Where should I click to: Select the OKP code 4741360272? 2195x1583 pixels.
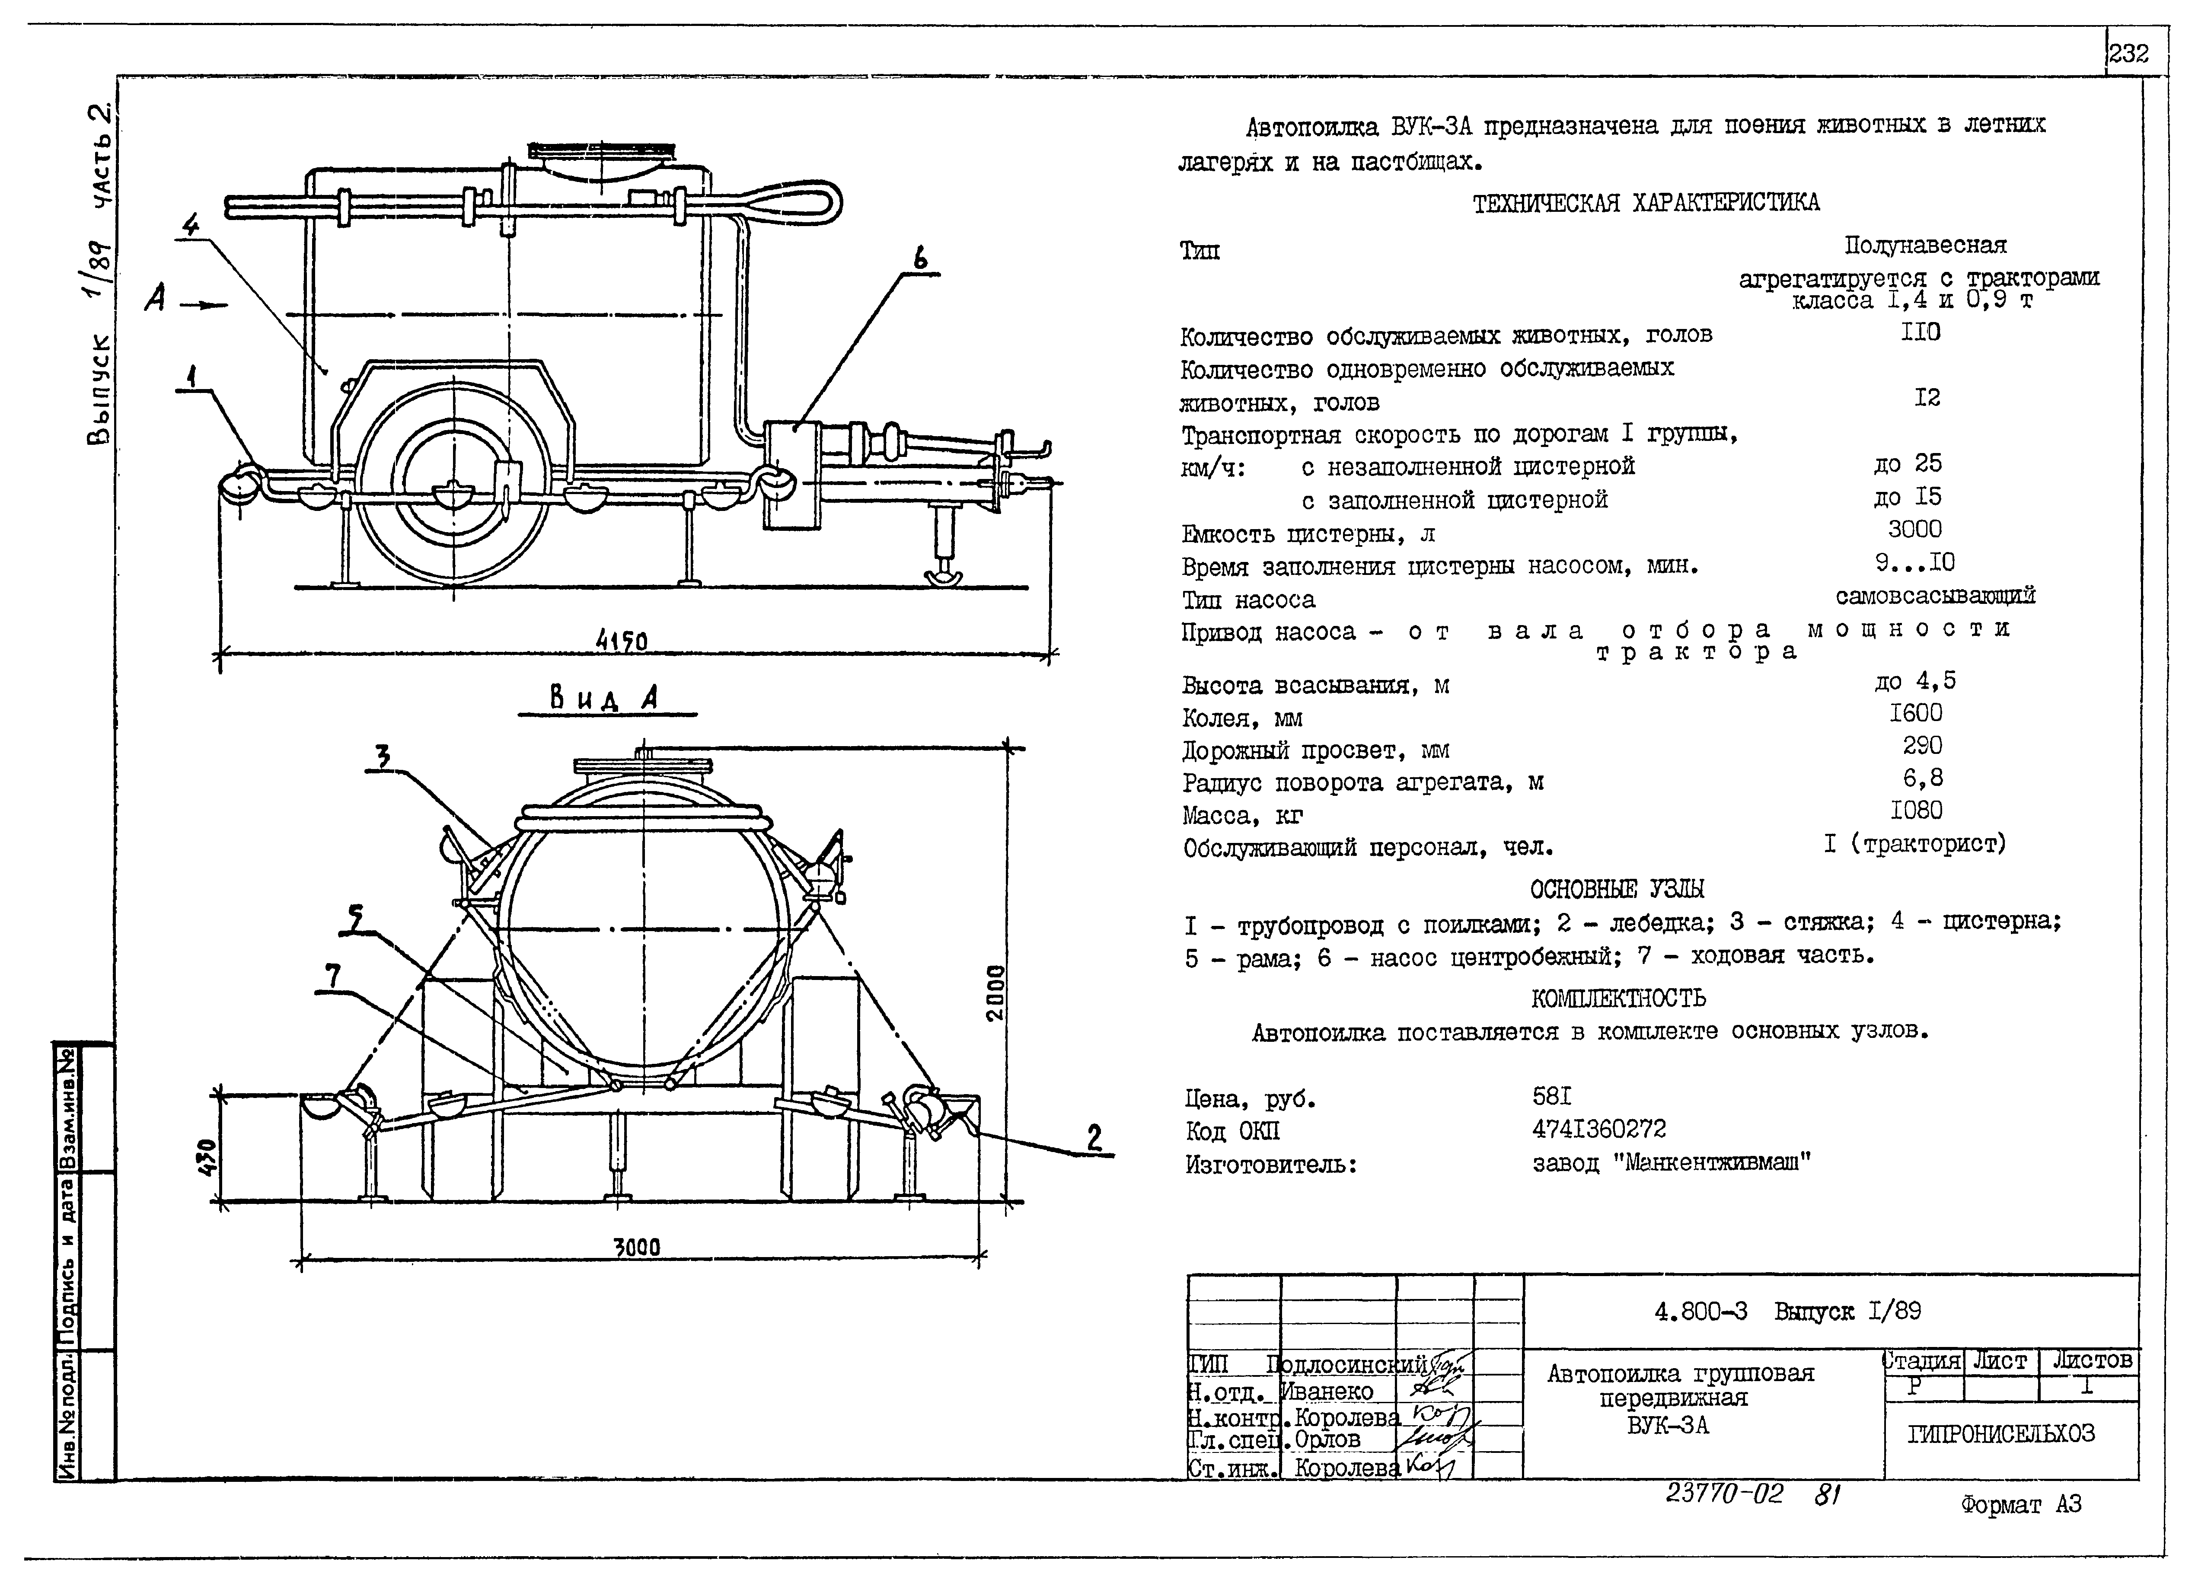1599,1129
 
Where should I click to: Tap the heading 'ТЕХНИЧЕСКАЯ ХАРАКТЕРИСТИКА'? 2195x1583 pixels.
1645,202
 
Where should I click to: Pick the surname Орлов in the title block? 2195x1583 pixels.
1328,1439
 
